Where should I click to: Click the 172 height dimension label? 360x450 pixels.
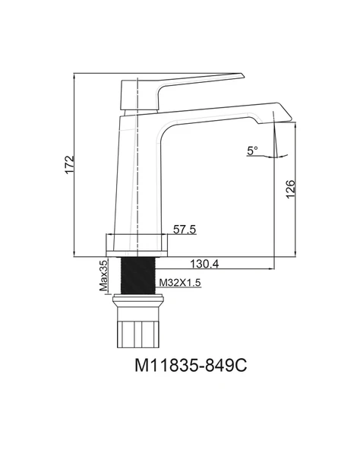pos(69,165)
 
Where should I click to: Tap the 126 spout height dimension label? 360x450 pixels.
pos(290,189)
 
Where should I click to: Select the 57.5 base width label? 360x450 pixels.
pos(185,230)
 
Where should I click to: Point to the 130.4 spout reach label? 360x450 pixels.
pos(204,264)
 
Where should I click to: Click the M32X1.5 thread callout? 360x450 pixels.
pos(180,283)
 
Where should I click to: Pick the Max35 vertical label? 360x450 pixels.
pos(103,275)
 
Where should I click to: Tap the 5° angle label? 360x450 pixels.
pos(252,151)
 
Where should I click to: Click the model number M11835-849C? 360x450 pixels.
pos(191,366)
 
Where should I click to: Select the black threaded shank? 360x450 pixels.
pos(138,275)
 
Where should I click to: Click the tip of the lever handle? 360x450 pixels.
pos(244,76)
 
